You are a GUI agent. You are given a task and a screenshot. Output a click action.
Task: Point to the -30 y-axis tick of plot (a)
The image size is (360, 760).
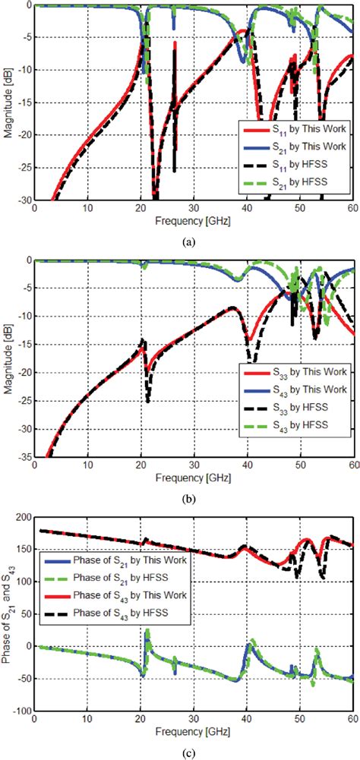point(23,201)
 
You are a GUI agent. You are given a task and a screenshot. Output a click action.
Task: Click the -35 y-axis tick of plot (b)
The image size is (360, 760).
point(23,458)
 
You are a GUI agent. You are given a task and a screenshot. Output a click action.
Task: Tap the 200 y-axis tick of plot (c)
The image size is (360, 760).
point(23,516)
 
